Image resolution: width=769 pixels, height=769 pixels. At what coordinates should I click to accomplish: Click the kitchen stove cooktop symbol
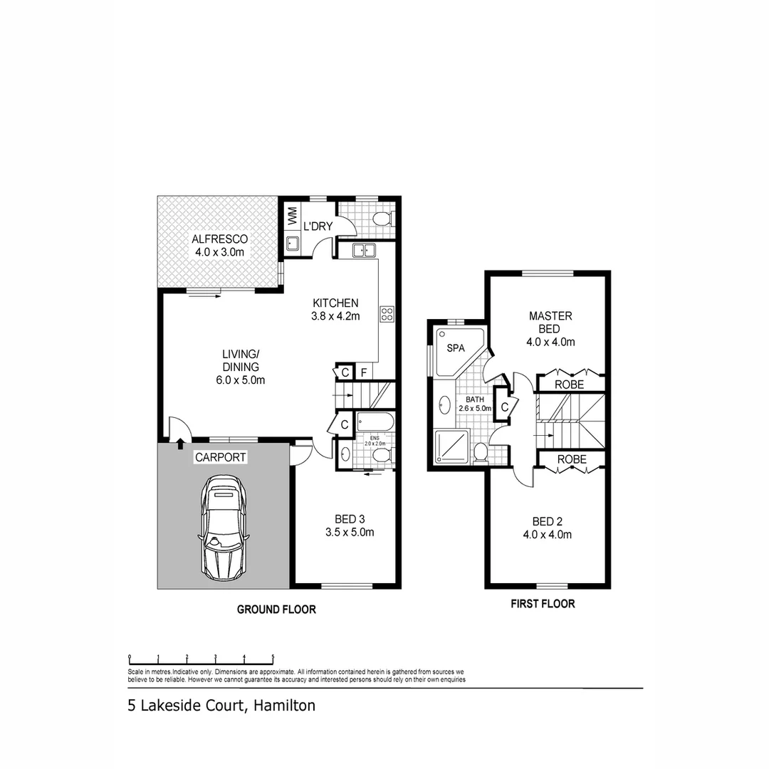[x=387, y=314]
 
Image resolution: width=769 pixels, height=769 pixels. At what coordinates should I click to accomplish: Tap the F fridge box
[x=363, y=372]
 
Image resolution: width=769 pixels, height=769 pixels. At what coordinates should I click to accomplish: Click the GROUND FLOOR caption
[x=276, y=610]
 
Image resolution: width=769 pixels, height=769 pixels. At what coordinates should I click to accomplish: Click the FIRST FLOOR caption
[x=543, y=604]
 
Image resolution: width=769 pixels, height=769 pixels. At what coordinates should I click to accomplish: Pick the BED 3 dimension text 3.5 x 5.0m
[x=350, y=532]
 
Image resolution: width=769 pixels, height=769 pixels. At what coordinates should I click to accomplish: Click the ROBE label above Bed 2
[x=571, y=460]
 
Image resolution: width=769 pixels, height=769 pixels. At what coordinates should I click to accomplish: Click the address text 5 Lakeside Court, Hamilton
[x=221, y=706]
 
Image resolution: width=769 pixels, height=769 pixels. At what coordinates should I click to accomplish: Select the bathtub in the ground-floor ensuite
[x=375, y=421]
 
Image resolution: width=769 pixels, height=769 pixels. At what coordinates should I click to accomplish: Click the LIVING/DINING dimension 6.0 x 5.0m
[x=241, y=380]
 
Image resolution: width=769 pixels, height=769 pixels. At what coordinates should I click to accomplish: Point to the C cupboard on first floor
[x=504, y=407]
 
